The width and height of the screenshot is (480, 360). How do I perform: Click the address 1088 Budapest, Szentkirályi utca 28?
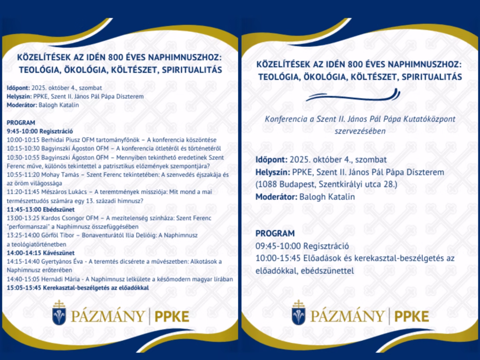pyautogui.click(x=326, y=185)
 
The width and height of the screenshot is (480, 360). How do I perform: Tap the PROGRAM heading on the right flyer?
pyautogui.click(x=275, y=233)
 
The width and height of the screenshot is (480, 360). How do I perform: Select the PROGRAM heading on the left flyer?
pyautogui.click(x=21, y=122)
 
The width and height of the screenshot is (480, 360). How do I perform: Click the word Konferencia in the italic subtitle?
pyautogui.click(x=285, y=120)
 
